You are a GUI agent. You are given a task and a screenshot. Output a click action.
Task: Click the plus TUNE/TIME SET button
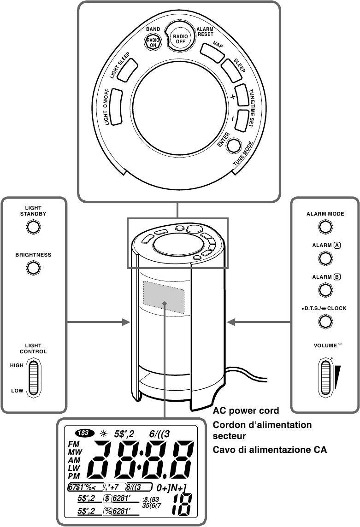pyautogui.click(x=242, y=95)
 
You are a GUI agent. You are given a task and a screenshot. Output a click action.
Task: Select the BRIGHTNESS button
pyautogui.click(x=33, y=268)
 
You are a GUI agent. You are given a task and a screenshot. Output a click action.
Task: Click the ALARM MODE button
pyautogui.click(x=325, y=227)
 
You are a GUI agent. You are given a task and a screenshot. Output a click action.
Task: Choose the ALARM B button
pyautogui.click(x=325, y=289)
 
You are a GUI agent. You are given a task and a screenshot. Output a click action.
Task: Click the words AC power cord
pyautogui.click(x=246, y=411)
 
